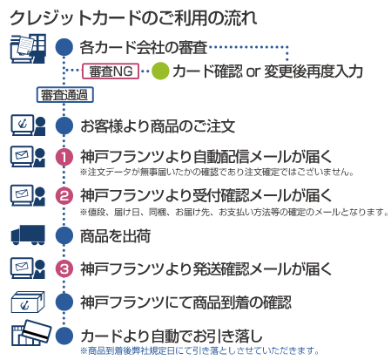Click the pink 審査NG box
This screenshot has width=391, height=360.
(x=111, y=71)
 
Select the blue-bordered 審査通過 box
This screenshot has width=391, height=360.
(x=64, y=95)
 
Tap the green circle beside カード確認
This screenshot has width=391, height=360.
(x=160, y=71)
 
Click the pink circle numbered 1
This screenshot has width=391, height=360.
(x=64, y=157)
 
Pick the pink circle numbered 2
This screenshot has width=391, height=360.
(x=64, y=195)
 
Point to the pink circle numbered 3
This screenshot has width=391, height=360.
(x=64, y=268)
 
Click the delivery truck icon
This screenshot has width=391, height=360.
(x=28, y=235)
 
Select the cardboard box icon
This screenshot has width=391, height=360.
(x=28, y=302)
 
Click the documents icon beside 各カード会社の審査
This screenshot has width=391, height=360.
(x=28, y=49)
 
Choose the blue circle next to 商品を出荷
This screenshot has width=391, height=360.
(x=64, y=235)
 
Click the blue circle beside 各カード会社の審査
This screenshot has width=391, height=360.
(x=64, y=47)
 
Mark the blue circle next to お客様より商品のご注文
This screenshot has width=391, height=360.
(x=64, y=126)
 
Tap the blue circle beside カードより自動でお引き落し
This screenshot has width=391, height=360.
(x=64, y=336)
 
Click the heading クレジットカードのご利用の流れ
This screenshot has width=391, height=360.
(x=133, y=18)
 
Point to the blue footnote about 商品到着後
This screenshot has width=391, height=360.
(x=199, y=350)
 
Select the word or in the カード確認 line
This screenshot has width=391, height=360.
(x=253, y=71)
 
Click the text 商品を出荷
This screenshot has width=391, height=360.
(x=116, y=235)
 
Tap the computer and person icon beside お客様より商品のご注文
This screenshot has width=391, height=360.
(x=28, y=126)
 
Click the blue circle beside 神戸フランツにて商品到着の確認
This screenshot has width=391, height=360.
(x=64, y=302)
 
